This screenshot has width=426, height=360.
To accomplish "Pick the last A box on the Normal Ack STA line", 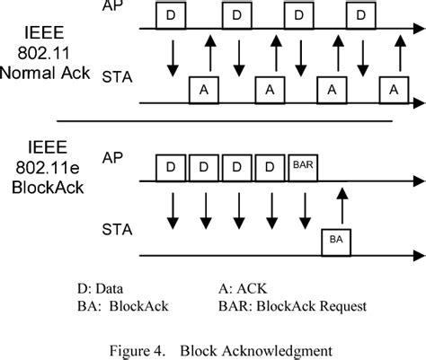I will (x=392, y=90).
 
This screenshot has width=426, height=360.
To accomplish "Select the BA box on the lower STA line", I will (x=335, y=241).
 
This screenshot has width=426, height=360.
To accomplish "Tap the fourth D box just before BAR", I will (x=269, y=167).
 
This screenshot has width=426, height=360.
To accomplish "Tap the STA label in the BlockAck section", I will (x=116, y=228).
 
